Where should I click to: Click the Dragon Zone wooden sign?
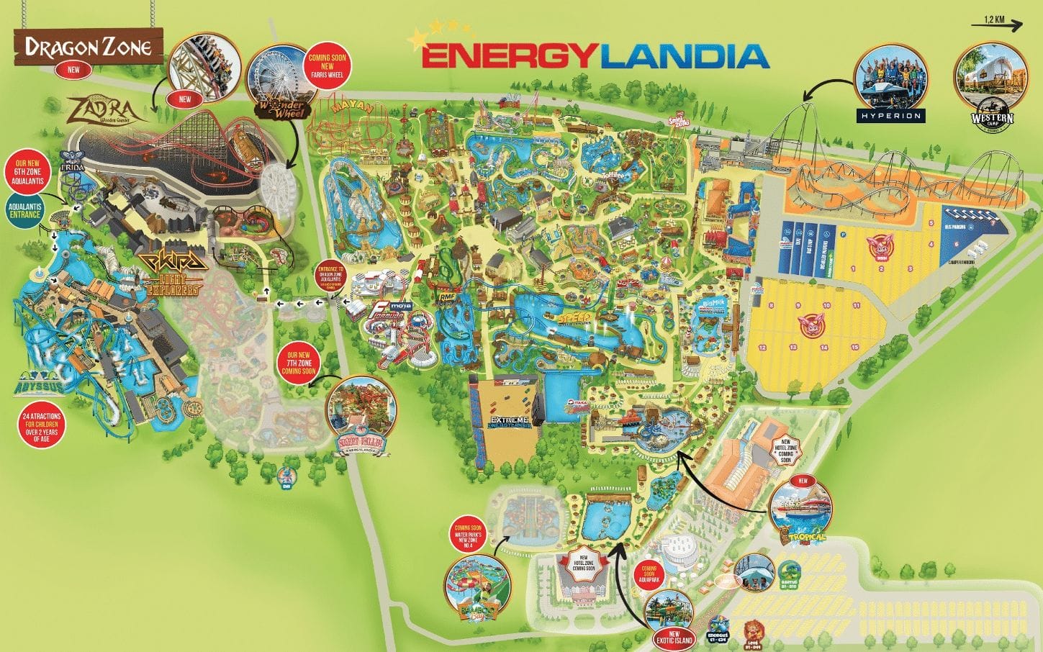tap(88, 47)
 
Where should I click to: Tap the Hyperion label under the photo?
tap(890, 115)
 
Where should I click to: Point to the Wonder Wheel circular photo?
tap(280, 83)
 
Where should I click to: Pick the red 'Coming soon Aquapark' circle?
tap(651, 574)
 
